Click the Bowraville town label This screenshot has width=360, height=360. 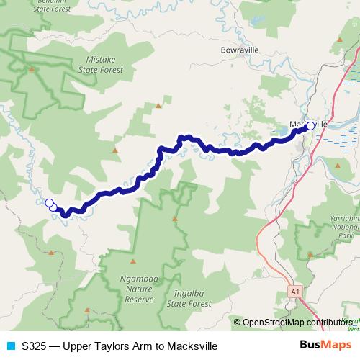[x=240, y=50]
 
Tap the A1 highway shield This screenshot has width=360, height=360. [x=294, y=291]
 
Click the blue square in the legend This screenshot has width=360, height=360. [x=9, y=346]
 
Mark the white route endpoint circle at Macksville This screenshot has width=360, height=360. [x=310, y=126]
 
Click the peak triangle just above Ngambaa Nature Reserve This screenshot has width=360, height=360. [x=133, y=261]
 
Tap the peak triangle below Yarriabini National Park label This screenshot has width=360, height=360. [x=310, y=254]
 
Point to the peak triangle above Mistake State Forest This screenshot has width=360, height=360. [x=31, y=69]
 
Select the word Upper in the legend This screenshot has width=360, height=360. [x=78, y=346]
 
